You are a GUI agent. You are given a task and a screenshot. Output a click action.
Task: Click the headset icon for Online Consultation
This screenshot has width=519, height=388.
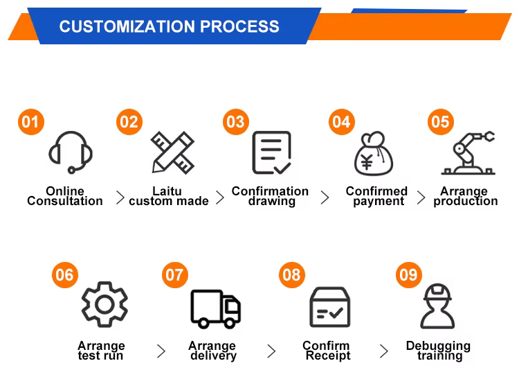coord(71,152)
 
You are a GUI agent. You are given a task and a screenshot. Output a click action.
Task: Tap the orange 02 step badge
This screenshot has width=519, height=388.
coord(129,122)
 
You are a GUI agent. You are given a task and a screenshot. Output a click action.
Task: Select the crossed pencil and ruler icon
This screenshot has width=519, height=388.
coord(173,152)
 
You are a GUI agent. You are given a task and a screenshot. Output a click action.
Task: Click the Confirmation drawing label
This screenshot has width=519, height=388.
coord(271,196)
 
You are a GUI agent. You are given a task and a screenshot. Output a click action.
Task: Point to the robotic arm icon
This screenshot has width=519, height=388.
coord(469,152)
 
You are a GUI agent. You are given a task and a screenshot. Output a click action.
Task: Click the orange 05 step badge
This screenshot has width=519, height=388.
coord(440,122)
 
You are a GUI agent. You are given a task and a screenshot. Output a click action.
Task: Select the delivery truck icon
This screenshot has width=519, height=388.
coord(216,308)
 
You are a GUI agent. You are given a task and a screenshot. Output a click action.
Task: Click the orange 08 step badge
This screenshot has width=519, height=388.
coord(292,275)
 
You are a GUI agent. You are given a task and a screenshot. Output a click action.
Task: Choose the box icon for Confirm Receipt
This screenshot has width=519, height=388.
coord(329,308)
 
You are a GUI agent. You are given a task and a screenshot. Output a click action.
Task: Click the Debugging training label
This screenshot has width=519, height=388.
coord(438,351)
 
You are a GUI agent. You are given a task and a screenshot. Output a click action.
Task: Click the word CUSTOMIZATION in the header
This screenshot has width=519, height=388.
coord(127,27)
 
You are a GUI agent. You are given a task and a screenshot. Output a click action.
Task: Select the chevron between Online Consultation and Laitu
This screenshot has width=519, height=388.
coord(120,198)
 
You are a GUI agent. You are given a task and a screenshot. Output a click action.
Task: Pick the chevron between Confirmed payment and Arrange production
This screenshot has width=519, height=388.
coord(421,198)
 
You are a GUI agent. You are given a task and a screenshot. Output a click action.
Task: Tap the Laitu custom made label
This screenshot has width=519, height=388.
coord(168,196)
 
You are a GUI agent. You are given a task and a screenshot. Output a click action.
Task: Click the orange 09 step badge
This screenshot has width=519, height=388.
coord(409,275)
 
